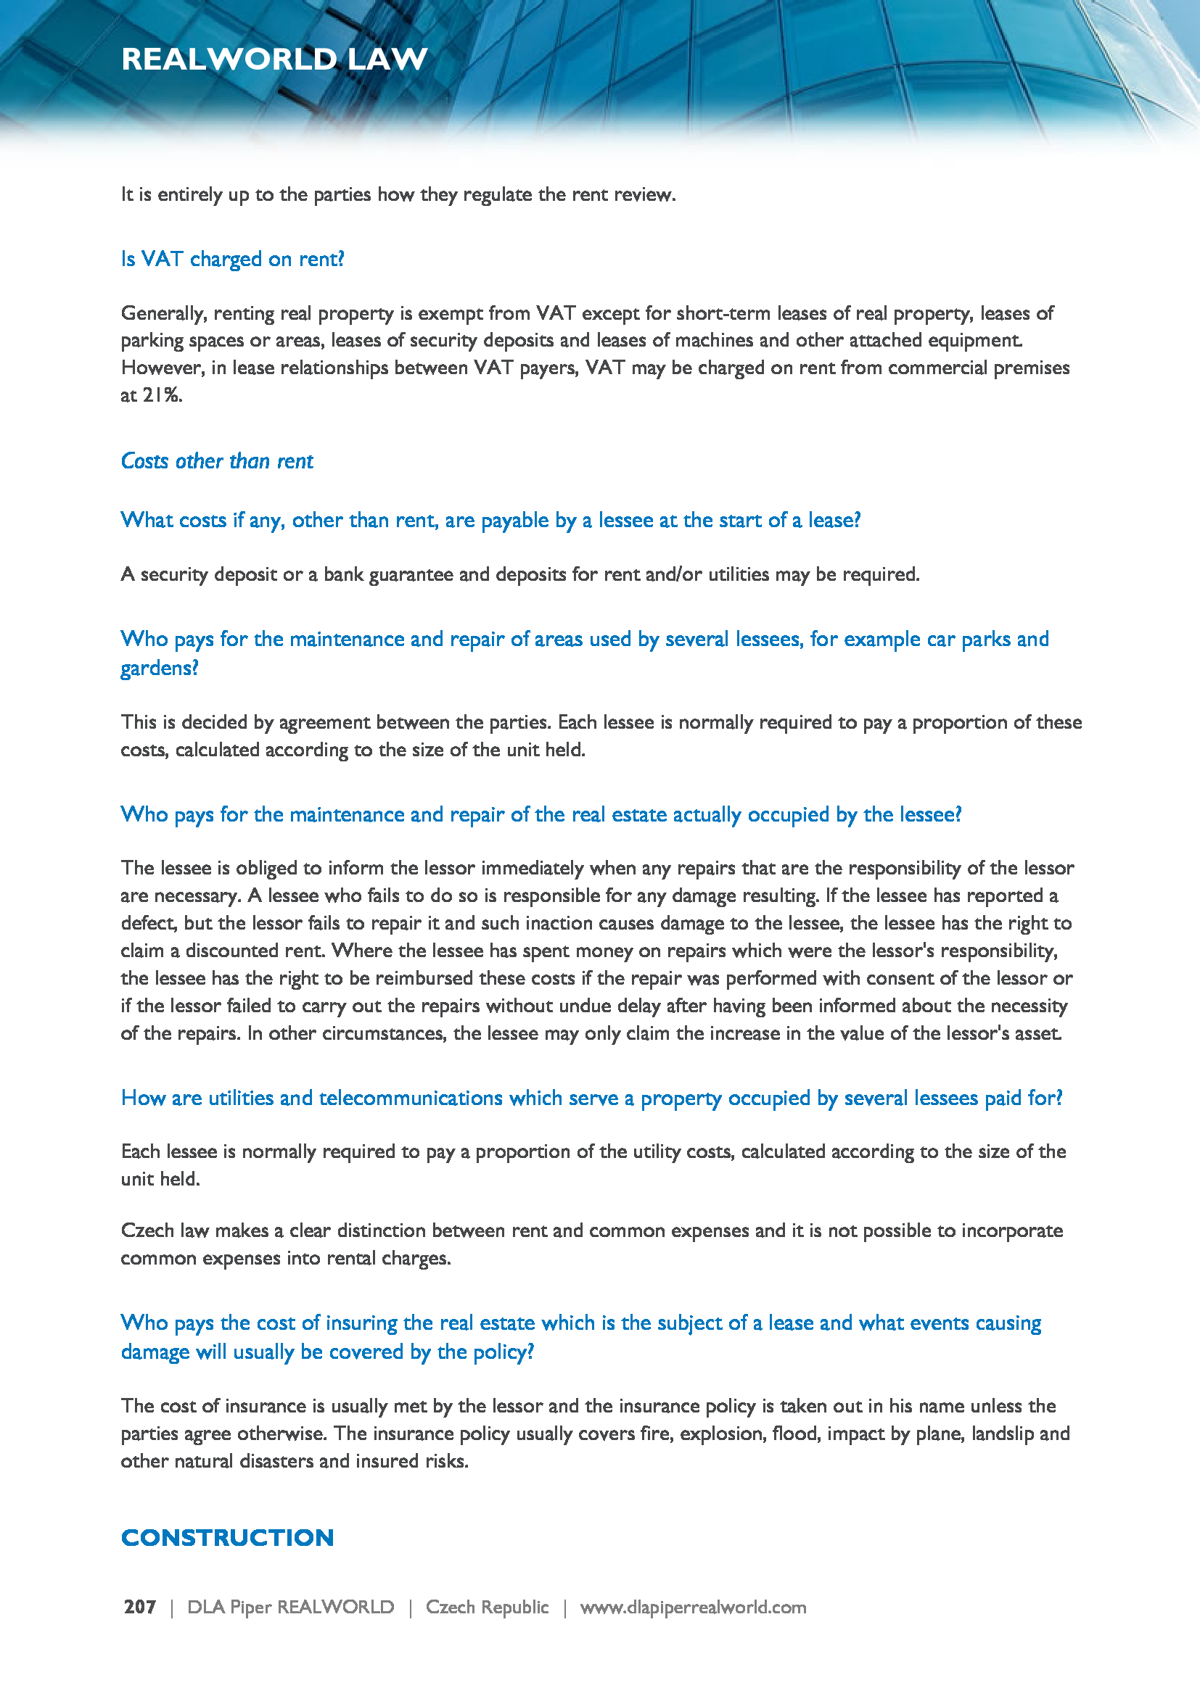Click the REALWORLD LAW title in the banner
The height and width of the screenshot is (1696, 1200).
coord(274,59)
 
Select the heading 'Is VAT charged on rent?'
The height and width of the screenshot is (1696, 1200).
coord(233,260)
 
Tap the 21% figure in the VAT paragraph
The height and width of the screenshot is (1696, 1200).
coord(162,396)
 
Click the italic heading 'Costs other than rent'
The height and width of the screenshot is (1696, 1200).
coord(217,462)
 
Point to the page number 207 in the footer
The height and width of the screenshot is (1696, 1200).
coord(139,1608)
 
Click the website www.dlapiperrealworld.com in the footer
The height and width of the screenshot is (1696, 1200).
coord(692,1608)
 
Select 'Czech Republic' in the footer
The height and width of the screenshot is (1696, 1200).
coord(487,1608)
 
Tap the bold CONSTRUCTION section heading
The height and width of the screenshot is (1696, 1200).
coord(228,1538)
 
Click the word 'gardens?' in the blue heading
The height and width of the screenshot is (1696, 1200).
coord(160,669)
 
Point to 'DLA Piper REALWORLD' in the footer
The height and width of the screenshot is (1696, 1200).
coord(290,1608)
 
